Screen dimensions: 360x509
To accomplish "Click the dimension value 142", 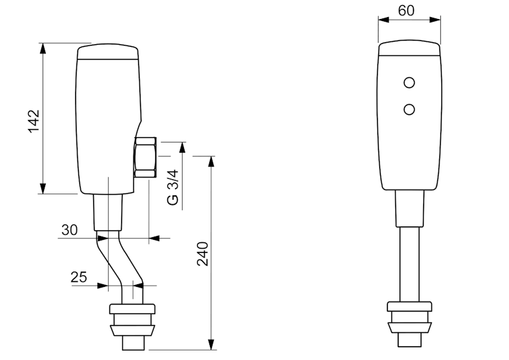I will pos(34,121).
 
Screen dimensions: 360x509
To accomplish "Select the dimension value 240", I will pos(202,254).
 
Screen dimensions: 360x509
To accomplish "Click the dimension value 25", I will pos(79,277).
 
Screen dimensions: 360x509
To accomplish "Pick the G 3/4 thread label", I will pos(172,186).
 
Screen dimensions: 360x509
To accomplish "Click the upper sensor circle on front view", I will pos(410,83).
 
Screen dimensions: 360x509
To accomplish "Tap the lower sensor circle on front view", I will pos(410,110).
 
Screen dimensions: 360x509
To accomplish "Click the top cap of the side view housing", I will pos(108,52).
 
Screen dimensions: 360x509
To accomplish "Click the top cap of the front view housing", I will pos(410,51).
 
